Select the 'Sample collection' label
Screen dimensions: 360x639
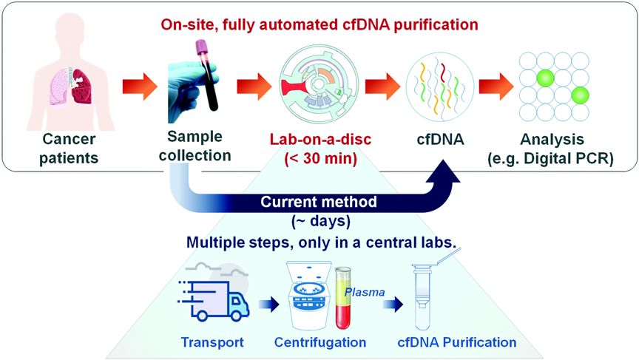click(194, 146)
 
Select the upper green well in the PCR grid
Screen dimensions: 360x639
click(545, 78)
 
